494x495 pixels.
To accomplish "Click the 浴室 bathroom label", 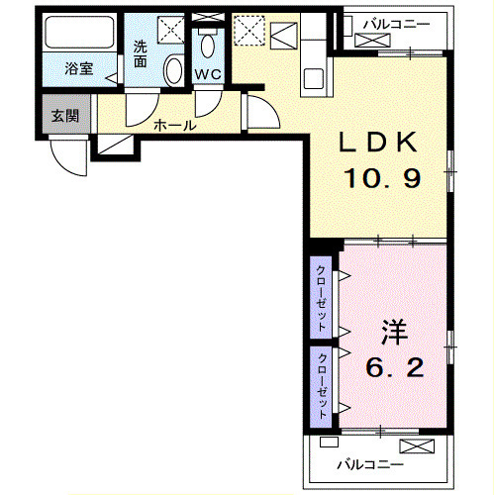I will coord(78,68).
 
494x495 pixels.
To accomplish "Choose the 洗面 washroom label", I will coord(143,50).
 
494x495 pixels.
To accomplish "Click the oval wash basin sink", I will coord(172,70).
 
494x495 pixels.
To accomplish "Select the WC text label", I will coord(207,74).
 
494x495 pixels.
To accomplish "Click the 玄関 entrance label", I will coord(64,115).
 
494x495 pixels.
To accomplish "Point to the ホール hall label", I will coord(174,125).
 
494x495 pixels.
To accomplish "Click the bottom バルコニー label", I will coord(368,464).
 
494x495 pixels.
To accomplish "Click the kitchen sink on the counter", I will coord(318,76).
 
